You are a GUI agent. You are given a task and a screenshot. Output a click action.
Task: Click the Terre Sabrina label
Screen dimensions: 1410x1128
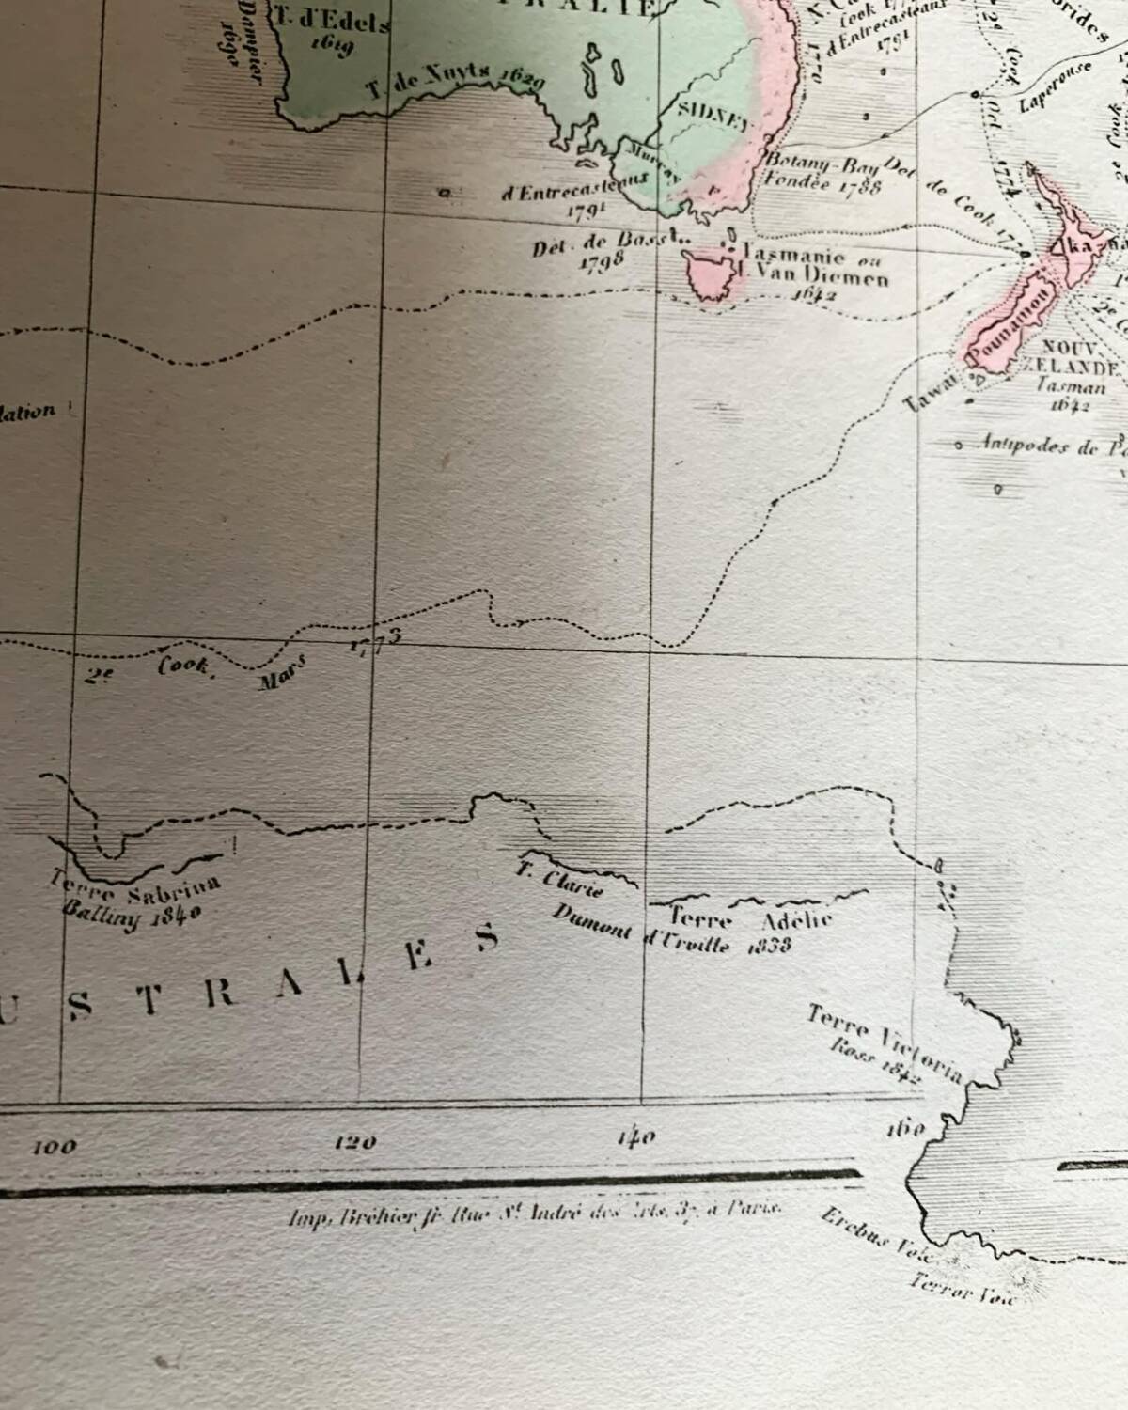pos(136,885)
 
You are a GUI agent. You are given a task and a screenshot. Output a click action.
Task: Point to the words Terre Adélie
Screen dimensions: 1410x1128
pos(750,916)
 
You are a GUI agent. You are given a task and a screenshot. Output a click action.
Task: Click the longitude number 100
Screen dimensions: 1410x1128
pos(55,1146)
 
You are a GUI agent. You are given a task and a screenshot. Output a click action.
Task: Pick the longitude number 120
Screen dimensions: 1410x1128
pos(355,1142)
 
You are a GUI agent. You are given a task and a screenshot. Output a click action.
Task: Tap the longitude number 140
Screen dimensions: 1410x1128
pos(636,1137)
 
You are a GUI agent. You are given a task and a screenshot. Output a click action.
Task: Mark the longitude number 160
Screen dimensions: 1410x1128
pos(905,1127)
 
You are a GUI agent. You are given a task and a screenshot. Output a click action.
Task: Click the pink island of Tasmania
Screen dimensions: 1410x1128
pos(712,274)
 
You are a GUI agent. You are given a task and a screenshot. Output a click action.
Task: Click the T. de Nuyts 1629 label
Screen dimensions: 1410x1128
pos(454,85)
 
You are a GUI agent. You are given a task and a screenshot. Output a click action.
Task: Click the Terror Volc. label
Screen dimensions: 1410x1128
pos(963,1289)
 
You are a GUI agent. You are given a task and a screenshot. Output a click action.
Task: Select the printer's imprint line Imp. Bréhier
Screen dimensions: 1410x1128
pos(532,1214)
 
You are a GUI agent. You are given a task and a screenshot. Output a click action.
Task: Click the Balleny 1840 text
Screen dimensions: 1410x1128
pos(131,911)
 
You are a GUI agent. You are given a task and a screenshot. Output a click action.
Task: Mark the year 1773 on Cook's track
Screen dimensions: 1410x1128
pos(375,638)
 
